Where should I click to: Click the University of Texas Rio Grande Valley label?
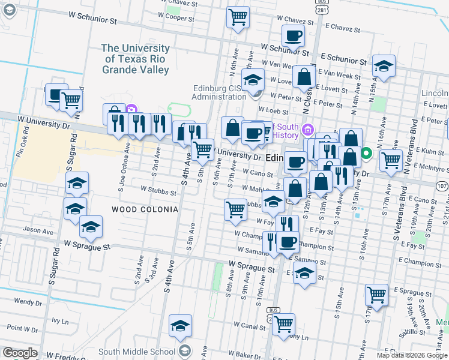135,59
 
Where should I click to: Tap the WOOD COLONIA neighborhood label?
145,209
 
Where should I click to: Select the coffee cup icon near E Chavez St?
293,36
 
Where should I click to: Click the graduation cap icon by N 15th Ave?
384,67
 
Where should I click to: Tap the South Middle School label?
136,351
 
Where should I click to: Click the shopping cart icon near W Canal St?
283,324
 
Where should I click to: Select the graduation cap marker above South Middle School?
180,325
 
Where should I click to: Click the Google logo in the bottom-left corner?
20,353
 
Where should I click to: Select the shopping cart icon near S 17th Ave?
376,295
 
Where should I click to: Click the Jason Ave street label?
38,230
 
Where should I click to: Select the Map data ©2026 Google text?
412,355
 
